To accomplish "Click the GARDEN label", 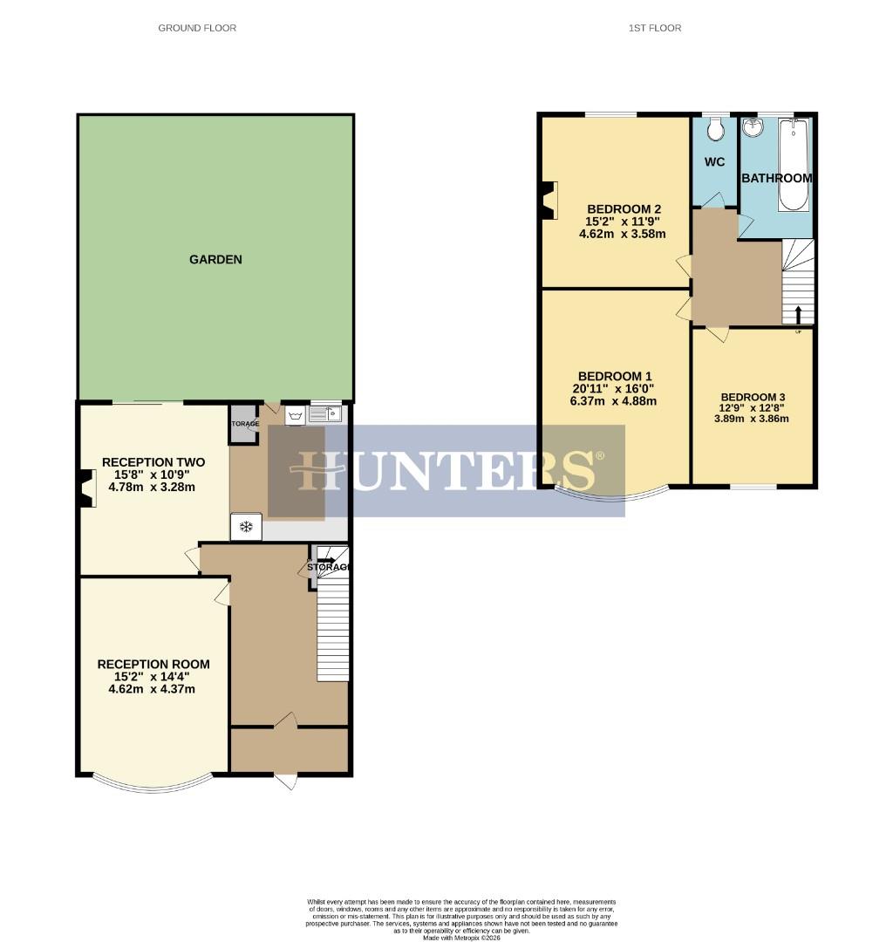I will tap(215, 259).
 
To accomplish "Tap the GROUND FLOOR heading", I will tap(197, 28).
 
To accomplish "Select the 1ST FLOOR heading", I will tap(654, 28).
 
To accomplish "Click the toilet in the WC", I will tap(716, 130).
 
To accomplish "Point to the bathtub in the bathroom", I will tap(794, 165).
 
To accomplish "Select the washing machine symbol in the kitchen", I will tap(296, 415).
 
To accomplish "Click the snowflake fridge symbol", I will tap(246, 526).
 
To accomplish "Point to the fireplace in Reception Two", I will tap(86, 488).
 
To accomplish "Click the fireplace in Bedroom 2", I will tap(548, 200).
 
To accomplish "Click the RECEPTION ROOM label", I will tap(153, 664).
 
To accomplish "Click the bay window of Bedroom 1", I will tap(612, 495).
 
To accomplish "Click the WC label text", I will tap(714, 162).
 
